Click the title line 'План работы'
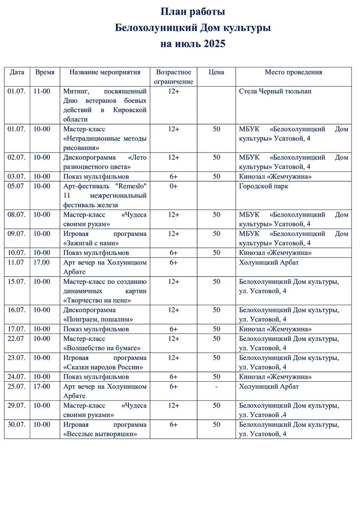(x=193, y=12)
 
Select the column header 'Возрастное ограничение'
(x=174, y=77)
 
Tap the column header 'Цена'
(x=216, y=72)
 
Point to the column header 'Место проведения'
(x=293, y=72)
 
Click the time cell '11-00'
(x=42, y=91)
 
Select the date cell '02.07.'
(x=17, y=157)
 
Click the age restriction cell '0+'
(x=174, y=186)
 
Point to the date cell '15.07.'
(x=17, y=281)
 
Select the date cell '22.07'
(x=16, y=338)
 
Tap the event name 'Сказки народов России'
(x=103, y=367)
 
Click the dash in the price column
(x=216, y=386)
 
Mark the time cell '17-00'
(x=42, y=386)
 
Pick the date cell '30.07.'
(x=17, y=424)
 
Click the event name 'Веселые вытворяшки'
(x=100, y=434)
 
